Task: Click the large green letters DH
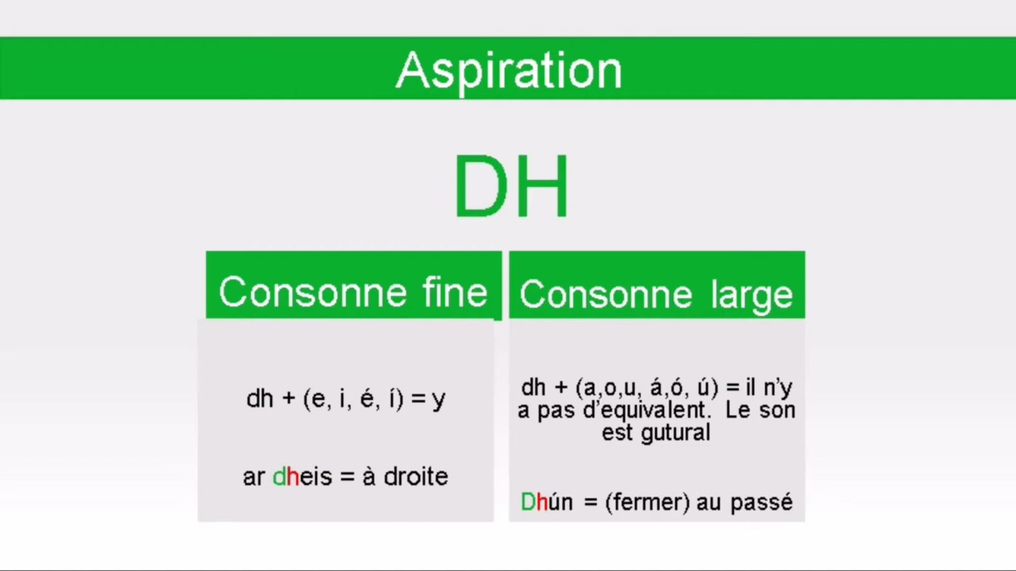pyautogui.click(x=511, y=187)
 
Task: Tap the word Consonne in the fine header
pyautogui.click(x=313, y=292)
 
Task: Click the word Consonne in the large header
pyautogui.click(x=606, y=295)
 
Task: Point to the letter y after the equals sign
pyautogui.click(x=439, y=400)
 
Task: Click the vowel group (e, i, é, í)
pyautogui.click(x=353, y=399)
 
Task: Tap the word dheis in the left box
pyautogui.click(x=302, y=476)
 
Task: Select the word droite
pyautogui.click(x=416, y=476)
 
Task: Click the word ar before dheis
pyautogui.click(x=254, y=478)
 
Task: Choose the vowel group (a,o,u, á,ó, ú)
pyautogui.click(x=647, y=388)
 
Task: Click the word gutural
pyautogui.click(x=676, y=432)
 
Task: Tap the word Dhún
pyautogui.click(x=547, y=502)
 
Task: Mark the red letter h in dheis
pyautogui.click(x=293, y=476)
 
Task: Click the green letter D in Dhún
pyautogui.click(x=528, y=502)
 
